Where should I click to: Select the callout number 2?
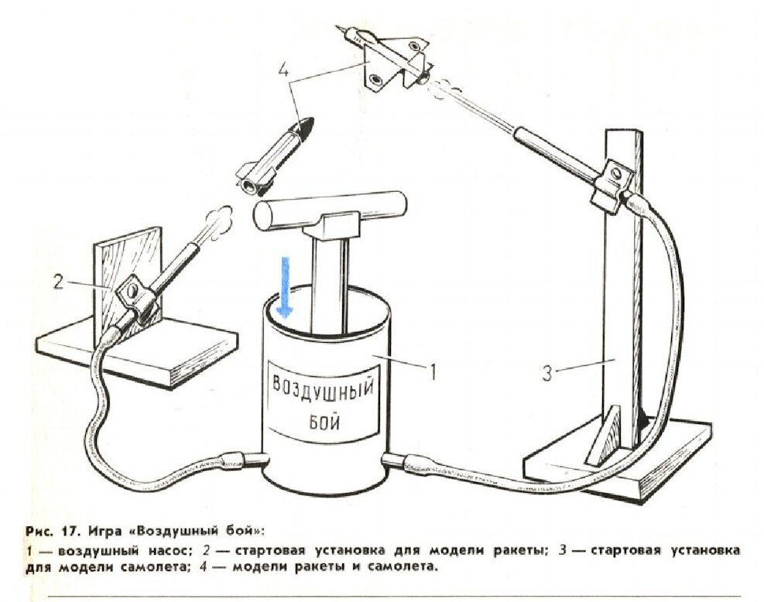(x=57, y=281)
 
